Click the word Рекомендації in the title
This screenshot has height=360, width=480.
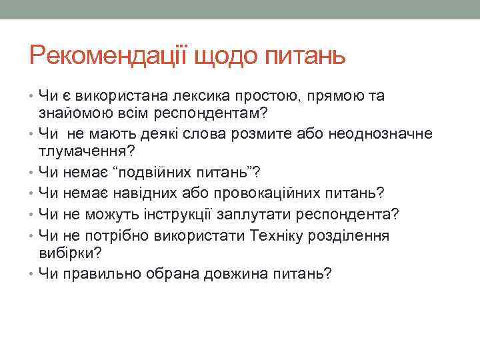coord(109,55)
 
